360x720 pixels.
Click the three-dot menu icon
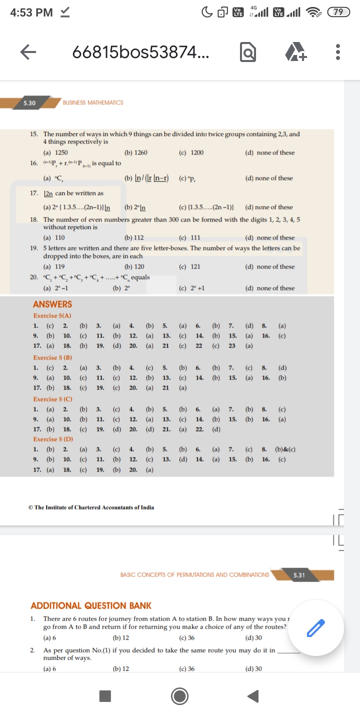[x=338, y=51]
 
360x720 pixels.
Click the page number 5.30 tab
[x=30, y=102]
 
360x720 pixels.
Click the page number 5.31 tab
[x=299, y=575]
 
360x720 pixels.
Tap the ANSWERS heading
[x=52, y=304]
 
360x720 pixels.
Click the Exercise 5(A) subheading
[x=52, y=316]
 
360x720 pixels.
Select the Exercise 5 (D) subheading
[x=53, y=439]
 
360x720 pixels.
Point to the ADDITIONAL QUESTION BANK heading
[x=91, y=605]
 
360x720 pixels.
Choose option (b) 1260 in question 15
[x=135, y=152]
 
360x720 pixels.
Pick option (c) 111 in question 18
[x=189, y=237]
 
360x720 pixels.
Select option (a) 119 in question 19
[x=54, y=266]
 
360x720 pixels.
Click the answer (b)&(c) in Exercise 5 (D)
[x=285, y=449]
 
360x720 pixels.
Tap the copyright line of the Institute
[x=91, y=507]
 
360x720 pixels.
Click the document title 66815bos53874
[x=141, y=51]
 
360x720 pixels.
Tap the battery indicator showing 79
[x=338, y=12]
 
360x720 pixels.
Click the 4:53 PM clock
[x=31, y=12]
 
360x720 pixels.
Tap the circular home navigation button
[x=180, y=695]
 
